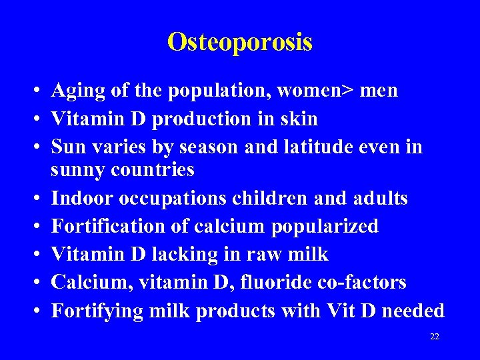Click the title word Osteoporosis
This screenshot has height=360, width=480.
(240, 42)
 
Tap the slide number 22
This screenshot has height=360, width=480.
(435, 337)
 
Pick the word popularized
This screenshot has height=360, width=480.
(325, 227)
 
